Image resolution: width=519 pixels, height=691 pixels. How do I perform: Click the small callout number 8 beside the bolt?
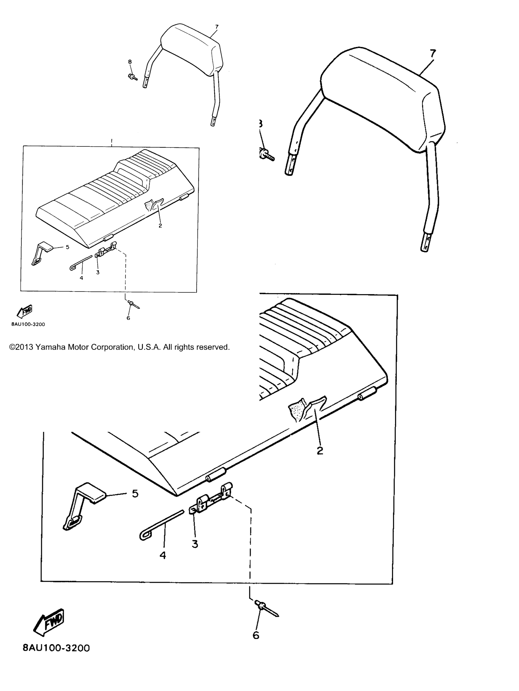130,62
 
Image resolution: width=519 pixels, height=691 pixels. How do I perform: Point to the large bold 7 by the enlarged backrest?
433,54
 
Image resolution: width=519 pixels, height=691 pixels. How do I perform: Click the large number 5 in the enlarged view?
135,494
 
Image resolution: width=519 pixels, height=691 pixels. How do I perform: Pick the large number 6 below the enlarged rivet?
256,635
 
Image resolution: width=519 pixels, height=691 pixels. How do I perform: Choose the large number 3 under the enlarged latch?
195,544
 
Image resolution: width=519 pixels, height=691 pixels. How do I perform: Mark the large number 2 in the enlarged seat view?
320,450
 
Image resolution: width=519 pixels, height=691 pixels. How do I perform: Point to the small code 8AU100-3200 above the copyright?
28,324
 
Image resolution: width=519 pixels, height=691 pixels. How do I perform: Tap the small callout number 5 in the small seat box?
68,247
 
